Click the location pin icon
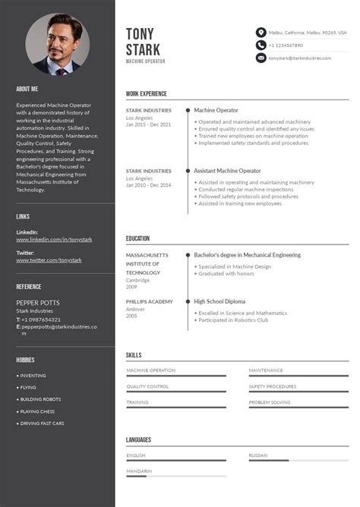pyautogui.click(x=261, y=33)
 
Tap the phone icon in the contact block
pyautogui.click(x=261, y=46)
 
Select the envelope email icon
pyautogui.click(x=261, y=58)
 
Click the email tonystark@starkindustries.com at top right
pyautogui.click(x=299, y=58)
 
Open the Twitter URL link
pyautogui.click(x=49, y=260)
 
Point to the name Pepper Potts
pyautogui.click(x=38, y=303)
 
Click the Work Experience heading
pyautogui.click(x=147, y=94)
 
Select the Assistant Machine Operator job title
pyautogui.click(x=227, y=171)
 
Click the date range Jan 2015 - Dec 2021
pyautogui.click(x=148, y=124)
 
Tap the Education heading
pyautogui.click(x=137, y=238)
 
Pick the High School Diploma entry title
pyautogui.click(x=219, y=301)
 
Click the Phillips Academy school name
pyautogui.click(x=150, y=301)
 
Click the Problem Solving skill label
pyautogui.click(x=269, y=402)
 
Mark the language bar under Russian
pyautogui.click(x=298, y=461)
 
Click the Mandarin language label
pyautogui.click(x=139, y=471)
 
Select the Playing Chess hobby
pyautogui.click(x=37, y=411)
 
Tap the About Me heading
pyautogui.click(x=27, y=89)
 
